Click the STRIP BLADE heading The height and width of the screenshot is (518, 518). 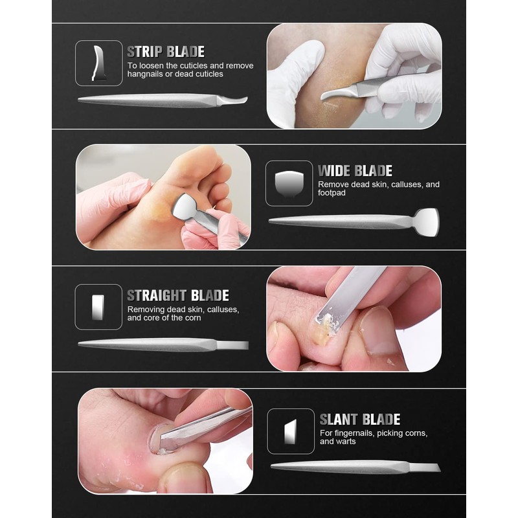[x=165, y=52]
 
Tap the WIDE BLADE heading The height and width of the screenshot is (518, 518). [x=355, y=171]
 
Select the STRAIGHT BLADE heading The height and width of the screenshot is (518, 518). [x=177, y=296]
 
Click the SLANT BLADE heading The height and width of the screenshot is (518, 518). [x=359, y=419]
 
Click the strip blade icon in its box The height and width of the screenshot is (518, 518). [x=98, y=63]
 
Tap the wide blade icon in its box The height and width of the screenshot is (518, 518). [x=289, y=183]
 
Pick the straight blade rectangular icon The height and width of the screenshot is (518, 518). [x=98, y=307]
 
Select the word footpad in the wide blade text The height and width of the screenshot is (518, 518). [x=332, y=193]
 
